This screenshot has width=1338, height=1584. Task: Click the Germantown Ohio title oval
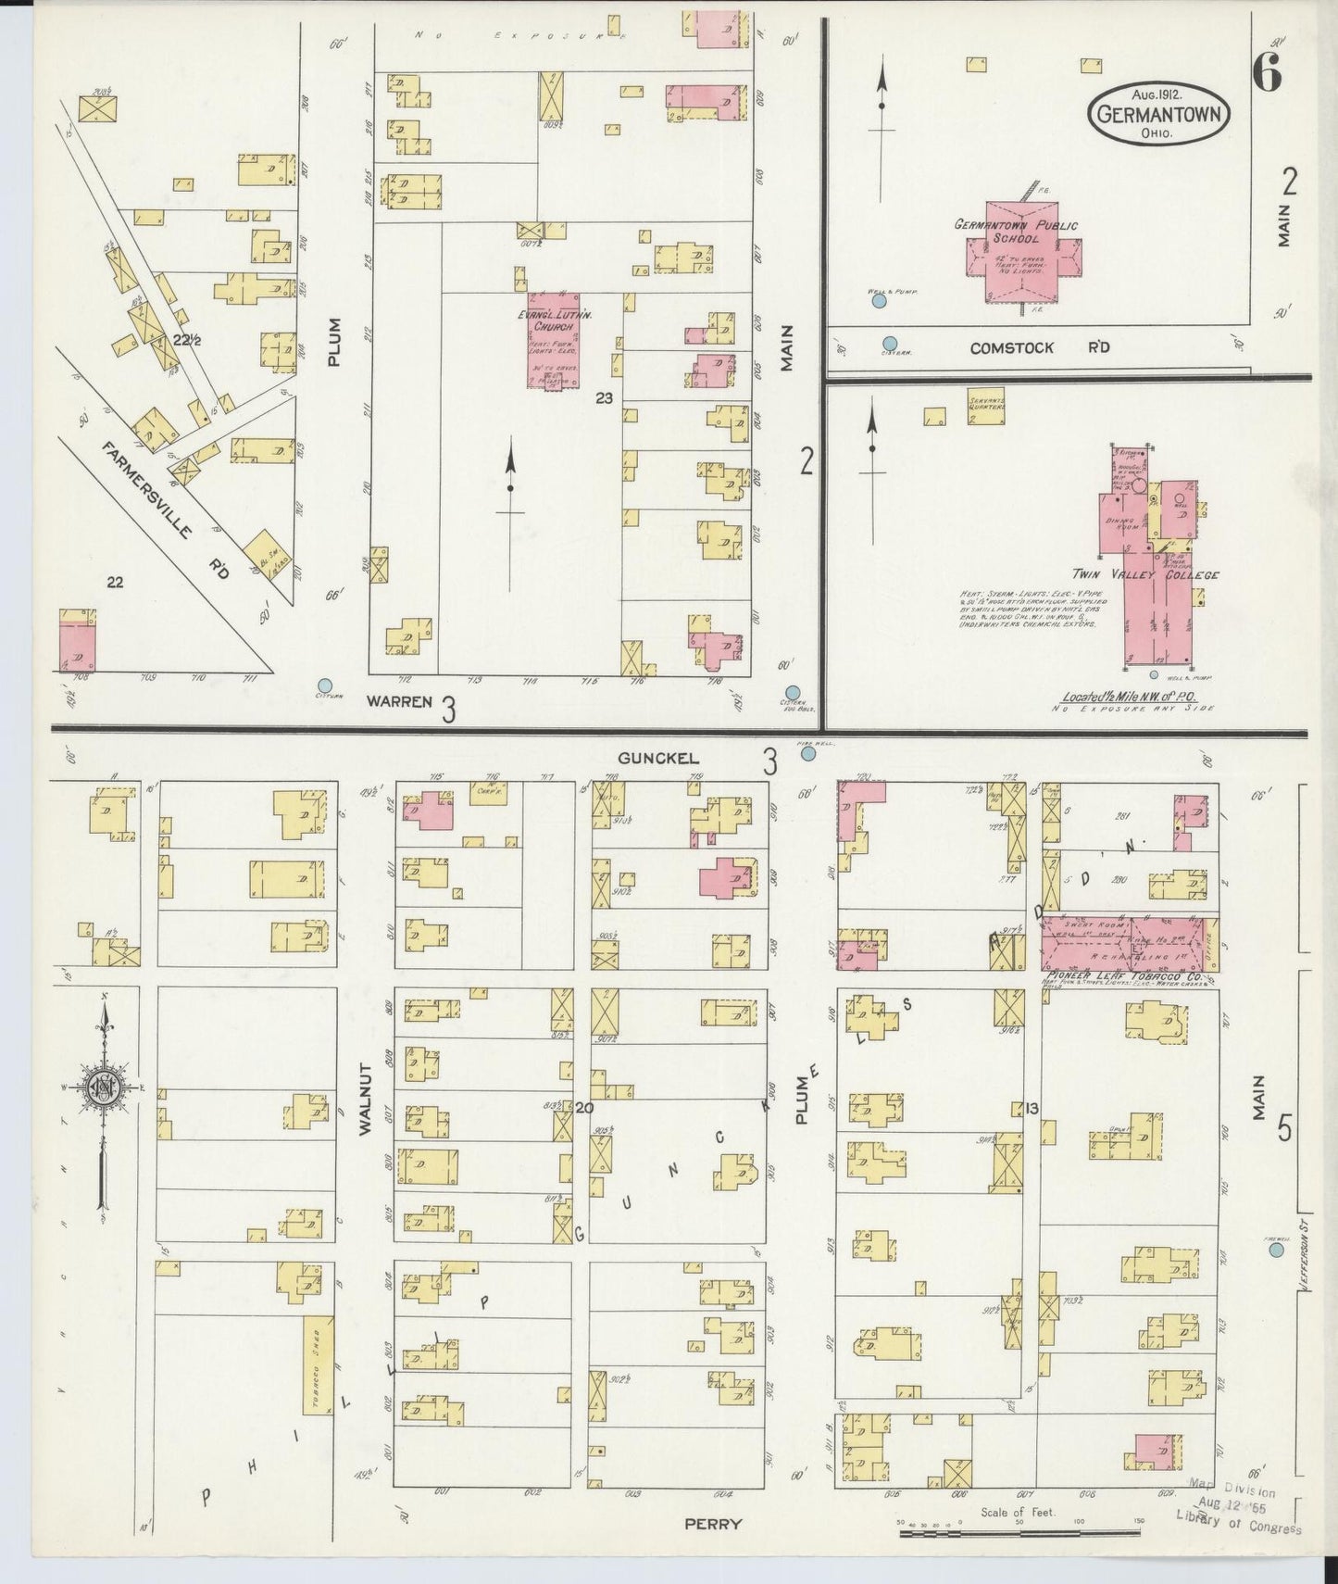click(x=1157, y=115)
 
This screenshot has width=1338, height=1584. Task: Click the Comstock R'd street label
click(x=1040, y=348)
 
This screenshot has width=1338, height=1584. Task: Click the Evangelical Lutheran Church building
click(x=555, y=340)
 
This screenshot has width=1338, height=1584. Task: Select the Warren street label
click(x=398, y=701)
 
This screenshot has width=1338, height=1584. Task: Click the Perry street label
click(x=713, y=1523)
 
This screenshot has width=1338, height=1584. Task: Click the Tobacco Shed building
click(x=319, y=1377)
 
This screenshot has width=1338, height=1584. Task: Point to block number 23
click(x=604, y=399)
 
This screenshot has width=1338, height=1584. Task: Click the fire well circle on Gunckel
click(x=807, y=754)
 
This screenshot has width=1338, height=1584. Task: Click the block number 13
click(x=1032, y=1109)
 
